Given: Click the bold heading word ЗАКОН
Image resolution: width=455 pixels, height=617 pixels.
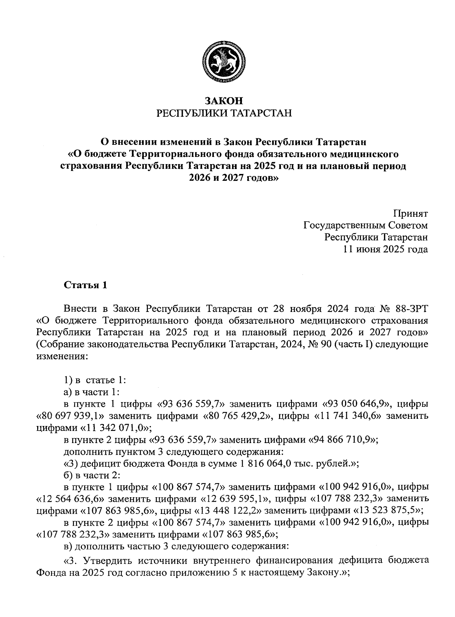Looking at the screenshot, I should click(224, 101).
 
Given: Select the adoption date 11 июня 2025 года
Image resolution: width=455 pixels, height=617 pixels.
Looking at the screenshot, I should click(386, 249).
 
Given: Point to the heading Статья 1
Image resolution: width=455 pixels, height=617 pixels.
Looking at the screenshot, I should click(86, 285).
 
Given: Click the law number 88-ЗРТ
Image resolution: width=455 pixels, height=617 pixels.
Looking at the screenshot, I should click(410, 307).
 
